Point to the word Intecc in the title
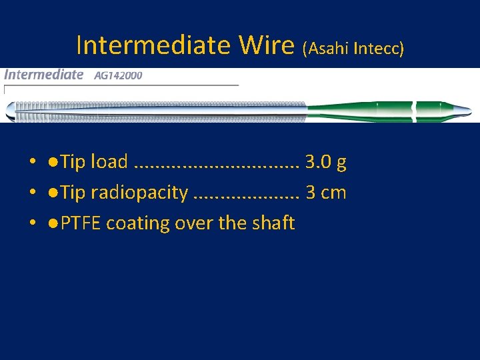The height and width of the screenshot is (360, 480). click(x=379, y=48)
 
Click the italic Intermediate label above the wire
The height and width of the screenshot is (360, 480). click(x=43, y=75)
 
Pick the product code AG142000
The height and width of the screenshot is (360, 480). click(x=118, y=75)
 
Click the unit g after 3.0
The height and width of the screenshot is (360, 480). click(x=341, y=163)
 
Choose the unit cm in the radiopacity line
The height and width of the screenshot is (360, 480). click(x=334, y=193)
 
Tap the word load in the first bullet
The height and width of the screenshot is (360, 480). click(x=109, y=161)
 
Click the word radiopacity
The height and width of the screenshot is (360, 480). click(x=139, y=193)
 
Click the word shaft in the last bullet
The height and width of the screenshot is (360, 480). click(x=273, y=223)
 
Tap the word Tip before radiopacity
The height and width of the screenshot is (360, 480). click(x=73, y=193)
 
